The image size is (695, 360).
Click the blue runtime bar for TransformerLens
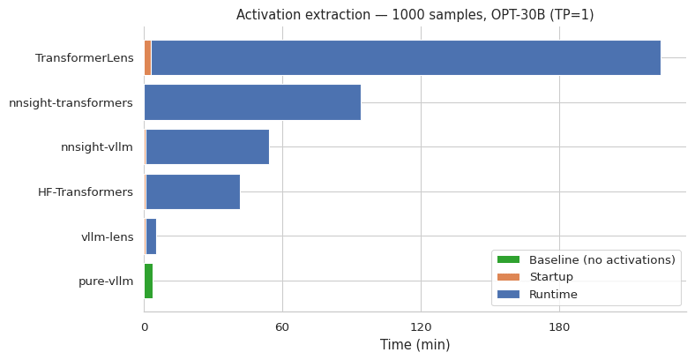(406, 58)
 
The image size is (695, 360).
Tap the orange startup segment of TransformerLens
(147, 58)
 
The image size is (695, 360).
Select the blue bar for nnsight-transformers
(252, 102)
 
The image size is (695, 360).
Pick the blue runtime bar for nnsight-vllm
(207, 147)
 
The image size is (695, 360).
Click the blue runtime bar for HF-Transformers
(192, 191)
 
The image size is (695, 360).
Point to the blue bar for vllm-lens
(151, 236)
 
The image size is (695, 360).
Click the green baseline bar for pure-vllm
(148, 281)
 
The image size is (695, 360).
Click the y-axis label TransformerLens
(84, 58)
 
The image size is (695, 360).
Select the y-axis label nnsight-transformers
(71, 103)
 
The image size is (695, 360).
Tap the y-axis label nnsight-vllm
(96, 147)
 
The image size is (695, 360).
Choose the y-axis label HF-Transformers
(85, 192)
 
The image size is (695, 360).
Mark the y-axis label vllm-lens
(107, 236)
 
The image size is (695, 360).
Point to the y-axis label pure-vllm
(106, 281)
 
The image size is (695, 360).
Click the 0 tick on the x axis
(144, 327)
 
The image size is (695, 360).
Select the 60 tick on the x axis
(282, 327)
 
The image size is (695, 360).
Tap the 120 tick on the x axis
(421, 327)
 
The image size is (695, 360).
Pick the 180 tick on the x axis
(559, 327)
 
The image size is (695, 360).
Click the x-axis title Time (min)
(415, 345)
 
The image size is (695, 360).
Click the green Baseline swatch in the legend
(508, 260)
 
